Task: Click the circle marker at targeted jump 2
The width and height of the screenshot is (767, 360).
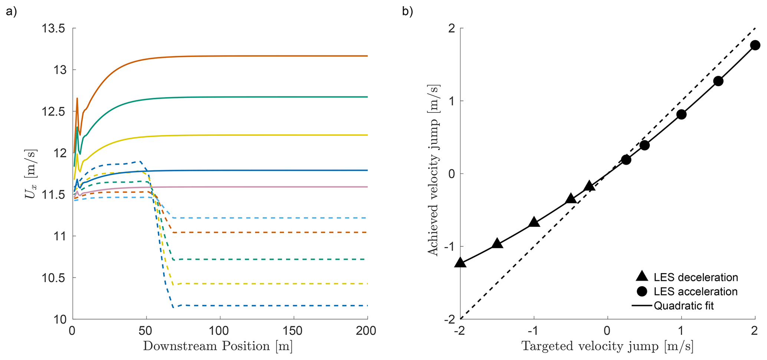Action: click(755, 45)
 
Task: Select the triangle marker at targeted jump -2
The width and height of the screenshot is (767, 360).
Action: click(460, 262)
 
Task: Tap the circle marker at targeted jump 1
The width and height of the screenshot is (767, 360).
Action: click(681, 114)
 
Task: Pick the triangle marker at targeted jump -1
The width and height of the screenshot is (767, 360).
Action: click(534, 222)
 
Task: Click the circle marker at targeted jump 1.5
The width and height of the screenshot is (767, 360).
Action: click(718, 81)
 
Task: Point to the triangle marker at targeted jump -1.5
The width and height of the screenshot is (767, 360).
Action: click(497, 244)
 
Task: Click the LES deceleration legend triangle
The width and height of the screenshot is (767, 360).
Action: click(642, 276)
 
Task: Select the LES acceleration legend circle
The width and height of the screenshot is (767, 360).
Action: click(642, 291)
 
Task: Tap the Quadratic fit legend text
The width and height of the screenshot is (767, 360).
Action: click(684, 306)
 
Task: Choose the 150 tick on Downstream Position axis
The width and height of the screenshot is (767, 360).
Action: click(294, 331)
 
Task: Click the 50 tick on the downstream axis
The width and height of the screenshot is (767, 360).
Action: click(146, 331)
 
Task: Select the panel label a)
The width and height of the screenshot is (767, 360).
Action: click(11, 12)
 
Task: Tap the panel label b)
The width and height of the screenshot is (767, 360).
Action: click(407, 12)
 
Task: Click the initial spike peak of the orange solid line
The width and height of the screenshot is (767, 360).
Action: click(77, 98)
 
